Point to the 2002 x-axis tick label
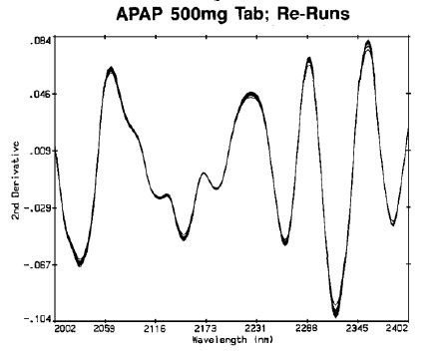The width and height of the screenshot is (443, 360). click(66, 328)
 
